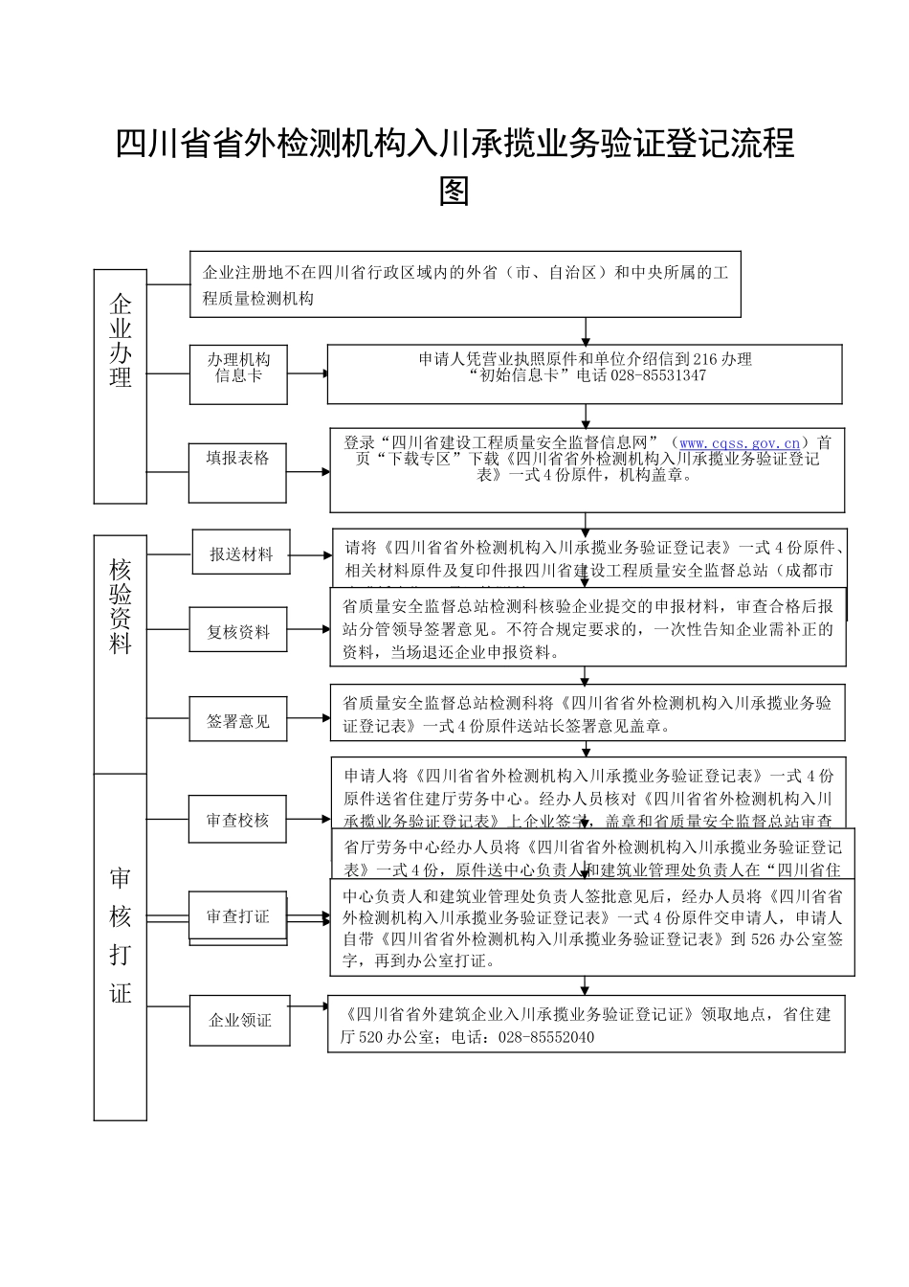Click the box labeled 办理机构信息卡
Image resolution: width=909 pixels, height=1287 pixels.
pos(238,368)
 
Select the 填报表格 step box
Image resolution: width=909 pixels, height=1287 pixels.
pos(238,459)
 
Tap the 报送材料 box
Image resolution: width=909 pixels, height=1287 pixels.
pos(241,553)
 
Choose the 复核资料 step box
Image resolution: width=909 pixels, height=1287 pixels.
pos(238,632)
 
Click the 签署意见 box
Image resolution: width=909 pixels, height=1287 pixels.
pos(238,721)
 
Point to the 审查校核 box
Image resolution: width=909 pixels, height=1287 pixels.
pos(238,821)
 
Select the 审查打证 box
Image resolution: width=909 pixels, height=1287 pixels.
pos(238,916)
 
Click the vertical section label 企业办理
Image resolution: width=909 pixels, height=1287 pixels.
pos(121,342)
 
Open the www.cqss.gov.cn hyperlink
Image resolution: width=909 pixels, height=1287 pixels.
pos(739,443)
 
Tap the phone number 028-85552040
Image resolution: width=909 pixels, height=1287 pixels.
pos(546,1037)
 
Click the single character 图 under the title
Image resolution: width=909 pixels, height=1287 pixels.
pos(454,191)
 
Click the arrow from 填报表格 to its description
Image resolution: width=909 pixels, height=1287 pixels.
pos(309,471)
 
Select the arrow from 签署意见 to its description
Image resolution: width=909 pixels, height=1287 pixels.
pos(308,717)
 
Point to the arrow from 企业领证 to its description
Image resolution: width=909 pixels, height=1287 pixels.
pos(307,1007)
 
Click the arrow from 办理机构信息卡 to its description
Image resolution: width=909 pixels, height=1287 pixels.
pos(307,373)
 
